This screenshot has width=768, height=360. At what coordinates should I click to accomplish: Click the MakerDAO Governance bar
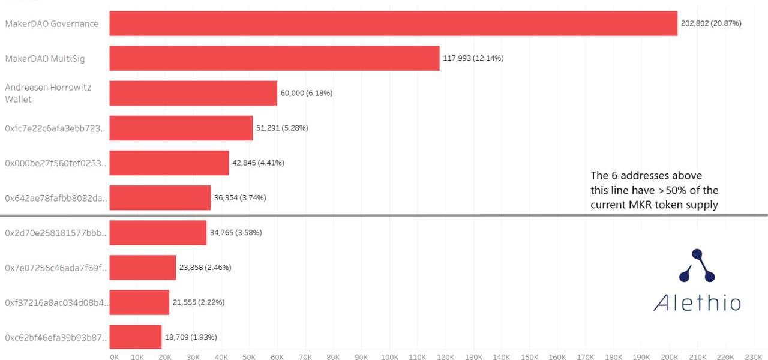(x=393, y=23)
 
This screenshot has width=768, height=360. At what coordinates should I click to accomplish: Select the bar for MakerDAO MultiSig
(x=274, y=58)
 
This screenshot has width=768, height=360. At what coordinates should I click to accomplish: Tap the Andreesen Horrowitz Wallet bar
(x=193, y=93)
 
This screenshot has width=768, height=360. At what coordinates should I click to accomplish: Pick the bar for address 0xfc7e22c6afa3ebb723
(x=181, y=128)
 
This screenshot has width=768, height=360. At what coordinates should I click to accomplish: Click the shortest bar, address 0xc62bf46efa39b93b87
(x=135, y=337)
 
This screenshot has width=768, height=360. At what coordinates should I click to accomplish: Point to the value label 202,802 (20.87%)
(x=711, y=23)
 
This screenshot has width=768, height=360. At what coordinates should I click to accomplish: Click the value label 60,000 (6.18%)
(x=306, y=93)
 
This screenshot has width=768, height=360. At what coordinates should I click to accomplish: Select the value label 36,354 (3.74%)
(x=240, y=197)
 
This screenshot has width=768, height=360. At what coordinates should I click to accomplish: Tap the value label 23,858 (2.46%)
(x=205, y=267)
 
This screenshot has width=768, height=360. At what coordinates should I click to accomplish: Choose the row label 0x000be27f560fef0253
(x=55, y=163)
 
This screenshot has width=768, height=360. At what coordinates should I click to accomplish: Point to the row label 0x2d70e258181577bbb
(x=55, y=233)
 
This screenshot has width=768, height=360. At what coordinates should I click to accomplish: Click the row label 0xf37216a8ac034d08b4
(x=55, y=302)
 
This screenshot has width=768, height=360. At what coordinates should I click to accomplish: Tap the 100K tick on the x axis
(x=389, y=357)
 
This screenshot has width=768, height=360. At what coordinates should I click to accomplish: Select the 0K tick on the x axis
(x=114, y=357)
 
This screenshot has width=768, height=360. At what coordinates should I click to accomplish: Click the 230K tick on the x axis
(x=753, y=357)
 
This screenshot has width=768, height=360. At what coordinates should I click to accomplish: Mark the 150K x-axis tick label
(x=529, y=357)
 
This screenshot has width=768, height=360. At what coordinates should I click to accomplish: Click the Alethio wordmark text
(x=697, y=302)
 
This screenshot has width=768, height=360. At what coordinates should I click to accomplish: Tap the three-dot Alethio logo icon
(x=697, y=266)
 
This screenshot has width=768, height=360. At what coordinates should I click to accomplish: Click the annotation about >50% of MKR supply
(x=654, y=190)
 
